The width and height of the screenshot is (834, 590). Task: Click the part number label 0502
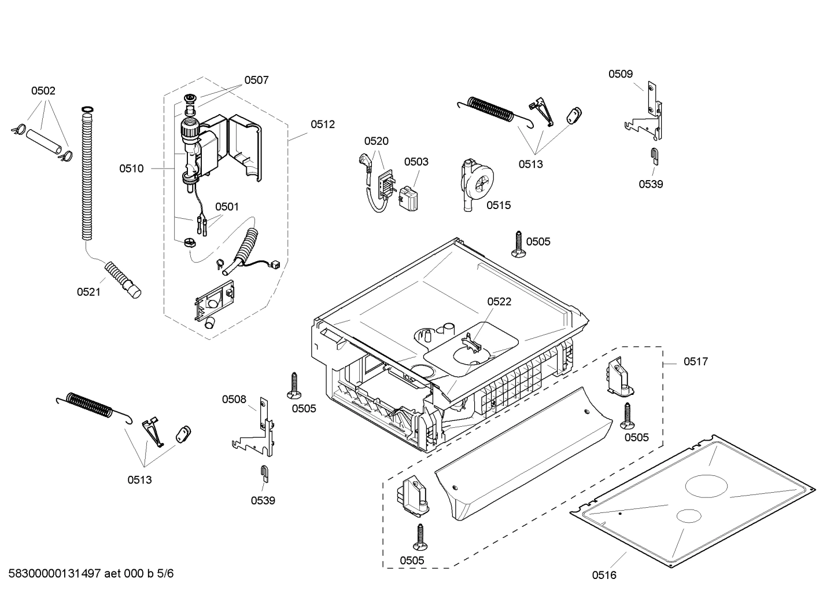pyautogui.click(x=43, y=91)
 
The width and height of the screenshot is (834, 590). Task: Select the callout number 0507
pyautogui.click(x=256, y=80)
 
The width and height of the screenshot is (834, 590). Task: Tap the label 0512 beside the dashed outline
pyautogui.click(x=323, y=124)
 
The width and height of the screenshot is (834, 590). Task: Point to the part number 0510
pyautogui.click(x=131, y=168)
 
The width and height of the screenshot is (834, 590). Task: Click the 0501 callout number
pyautogui.click(x=227, y=207)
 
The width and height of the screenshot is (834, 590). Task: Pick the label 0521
pyautogui.click(x=88, y=292)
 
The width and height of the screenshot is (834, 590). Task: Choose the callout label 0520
pyautogui.click(x=376, y=141)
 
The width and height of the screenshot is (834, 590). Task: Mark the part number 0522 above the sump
pyautogui.click(x=499, y=302)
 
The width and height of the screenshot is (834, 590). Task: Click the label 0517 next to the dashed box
pyautogui.click(x=695, y=362)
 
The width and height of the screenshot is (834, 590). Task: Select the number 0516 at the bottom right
pyautogui.click(x=604, y=575)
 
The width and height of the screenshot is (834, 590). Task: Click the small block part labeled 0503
pyautogui.click(x=411, y=199)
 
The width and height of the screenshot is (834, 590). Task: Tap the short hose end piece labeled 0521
pyautogui.click(x=123, y=279)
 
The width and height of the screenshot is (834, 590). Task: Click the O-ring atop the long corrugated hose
pyautogui.click(x=87, y=109)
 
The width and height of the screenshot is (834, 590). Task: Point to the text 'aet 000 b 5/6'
pyautogui.click(x=139, y=573)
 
